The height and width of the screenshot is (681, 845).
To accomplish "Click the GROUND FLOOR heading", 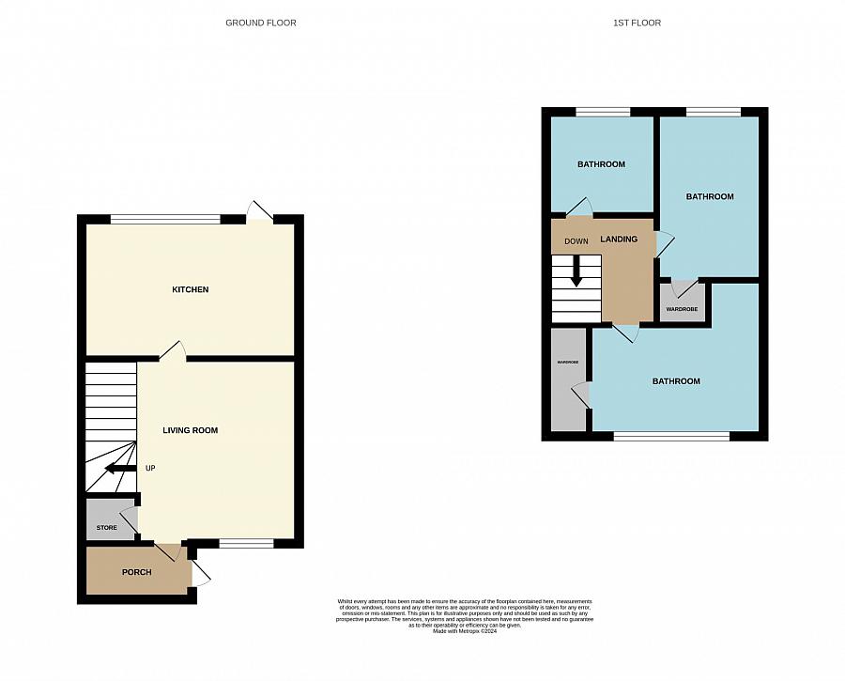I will point(260,23).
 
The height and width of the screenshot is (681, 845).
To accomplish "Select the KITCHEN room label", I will point(190,289).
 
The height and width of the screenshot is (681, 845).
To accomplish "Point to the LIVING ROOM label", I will point(190,430).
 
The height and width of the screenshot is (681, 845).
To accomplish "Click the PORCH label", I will point(136,572).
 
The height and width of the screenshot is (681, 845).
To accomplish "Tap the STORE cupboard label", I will point(106,528).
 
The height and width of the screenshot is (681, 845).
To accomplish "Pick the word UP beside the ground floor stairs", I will point(150,468).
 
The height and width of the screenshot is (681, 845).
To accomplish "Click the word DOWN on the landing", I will point(576,241).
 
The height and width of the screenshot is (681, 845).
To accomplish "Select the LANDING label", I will point(619,239).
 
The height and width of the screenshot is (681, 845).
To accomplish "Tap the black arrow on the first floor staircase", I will point(576,272).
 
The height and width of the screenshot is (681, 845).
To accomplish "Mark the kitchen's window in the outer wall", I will point(165,220).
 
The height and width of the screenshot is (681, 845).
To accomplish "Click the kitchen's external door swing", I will point(259,211).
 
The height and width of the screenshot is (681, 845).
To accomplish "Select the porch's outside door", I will point(202,575).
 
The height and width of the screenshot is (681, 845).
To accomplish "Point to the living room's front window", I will point(247,543).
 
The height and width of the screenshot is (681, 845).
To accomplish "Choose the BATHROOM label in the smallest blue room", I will point(601,164).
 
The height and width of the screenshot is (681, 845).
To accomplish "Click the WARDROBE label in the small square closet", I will point(682,309).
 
